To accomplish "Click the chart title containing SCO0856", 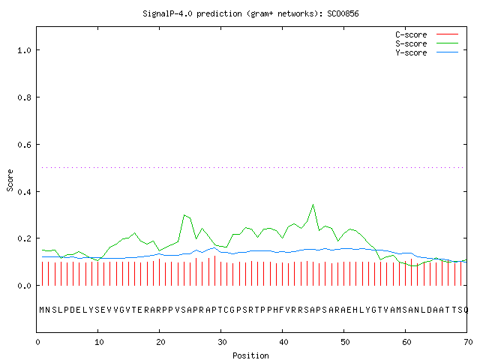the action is click(250, 13).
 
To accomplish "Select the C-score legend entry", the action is click(427, 34).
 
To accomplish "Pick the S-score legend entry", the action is click(427, 43).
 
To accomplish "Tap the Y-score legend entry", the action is click(427, 52).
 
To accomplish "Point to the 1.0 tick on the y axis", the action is click(24, 50).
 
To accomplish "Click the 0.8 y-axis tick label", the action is click(24, 97).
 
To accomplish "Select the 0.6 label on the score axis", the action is click(24, 145).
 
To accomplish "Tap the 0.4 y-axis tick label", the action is click(24, 192).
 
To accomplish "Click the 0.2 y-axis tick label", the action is click(24, 238).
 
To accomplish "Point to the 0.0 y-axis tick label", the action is click(24, 286).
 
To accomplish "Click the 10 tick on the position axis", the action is click(99, 342).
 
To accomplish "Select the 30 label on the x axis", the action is click(222, 342).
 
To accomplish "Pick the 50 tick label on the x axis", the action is click(345, 342).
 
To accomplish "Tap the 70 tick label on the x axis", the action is click(468, 342).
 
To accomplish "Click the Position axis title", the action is click(250, 355).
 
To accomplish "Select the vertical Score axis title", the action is click(10, 180).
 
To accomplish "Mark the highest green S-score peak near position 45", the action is click(313, 205).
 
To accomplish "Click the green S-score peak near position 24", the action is click(184, 215).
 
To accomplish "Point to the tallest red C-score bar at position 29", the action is click(215, 271).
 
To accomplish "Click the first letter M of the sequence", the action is click(42, 310).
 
